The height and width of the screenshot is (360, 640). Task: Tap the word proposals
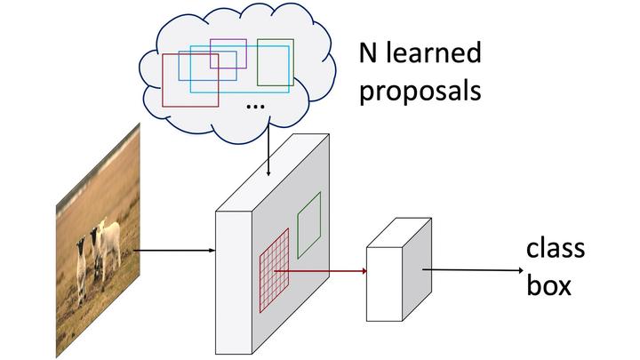(420, 91)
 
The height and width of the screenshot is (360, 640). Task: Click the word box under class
(547, 286)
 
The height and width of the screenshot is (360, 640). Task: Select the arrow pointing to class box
(471, 268)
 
